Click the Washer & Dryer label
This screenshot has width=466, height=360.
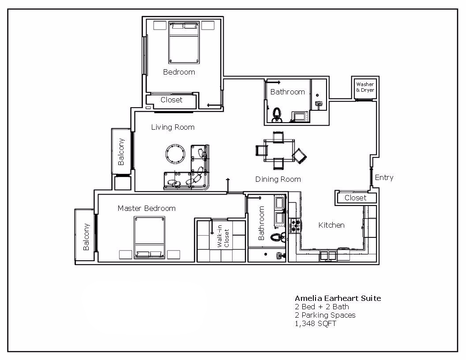365,87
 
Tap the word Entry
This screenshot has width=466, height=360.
384,178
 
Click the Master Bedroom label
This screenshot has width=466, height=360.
147,208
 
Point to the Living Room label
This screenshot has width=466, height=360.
173,127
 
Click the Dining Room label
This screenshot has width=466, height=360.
278,179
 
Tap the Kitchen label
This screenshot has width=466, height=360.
331,225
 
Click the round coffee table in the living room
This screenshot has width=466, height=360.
175,153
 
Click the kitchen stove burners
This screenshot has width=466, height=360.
295,225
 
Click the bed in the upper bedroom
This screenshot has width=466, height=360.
184,42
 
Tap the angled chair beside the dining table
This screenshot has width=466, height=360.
300,156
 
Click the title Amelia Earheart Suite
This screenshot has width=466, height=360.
338,298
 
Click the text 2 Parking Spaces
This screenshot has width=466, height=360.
325,315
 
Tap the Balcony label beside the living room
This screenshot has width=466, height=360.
121,152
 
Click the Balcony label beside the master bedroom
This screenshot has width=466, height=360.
86,236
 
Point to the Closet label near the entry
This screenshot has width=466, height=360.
355,198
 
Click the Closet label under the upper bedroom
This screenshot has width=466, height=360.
171,100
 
